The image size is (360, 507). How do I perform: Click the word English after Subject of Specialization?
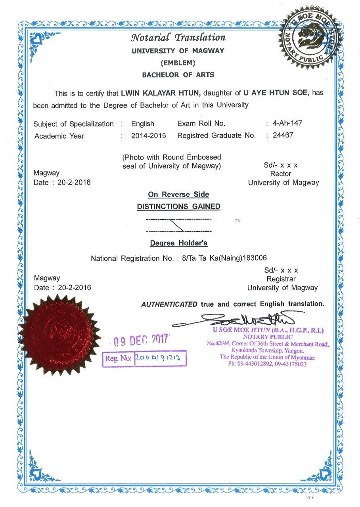142,124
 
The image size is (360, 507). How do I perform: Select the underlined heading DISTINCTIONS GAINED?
178,206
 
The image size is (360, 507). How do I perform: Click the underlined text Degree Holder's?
178,243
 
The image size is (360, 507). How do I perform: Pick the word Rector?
280,174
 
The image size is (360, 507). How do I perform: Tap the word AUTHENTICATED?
169,304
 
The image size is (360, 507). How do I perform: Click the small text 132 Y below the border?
310,497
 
